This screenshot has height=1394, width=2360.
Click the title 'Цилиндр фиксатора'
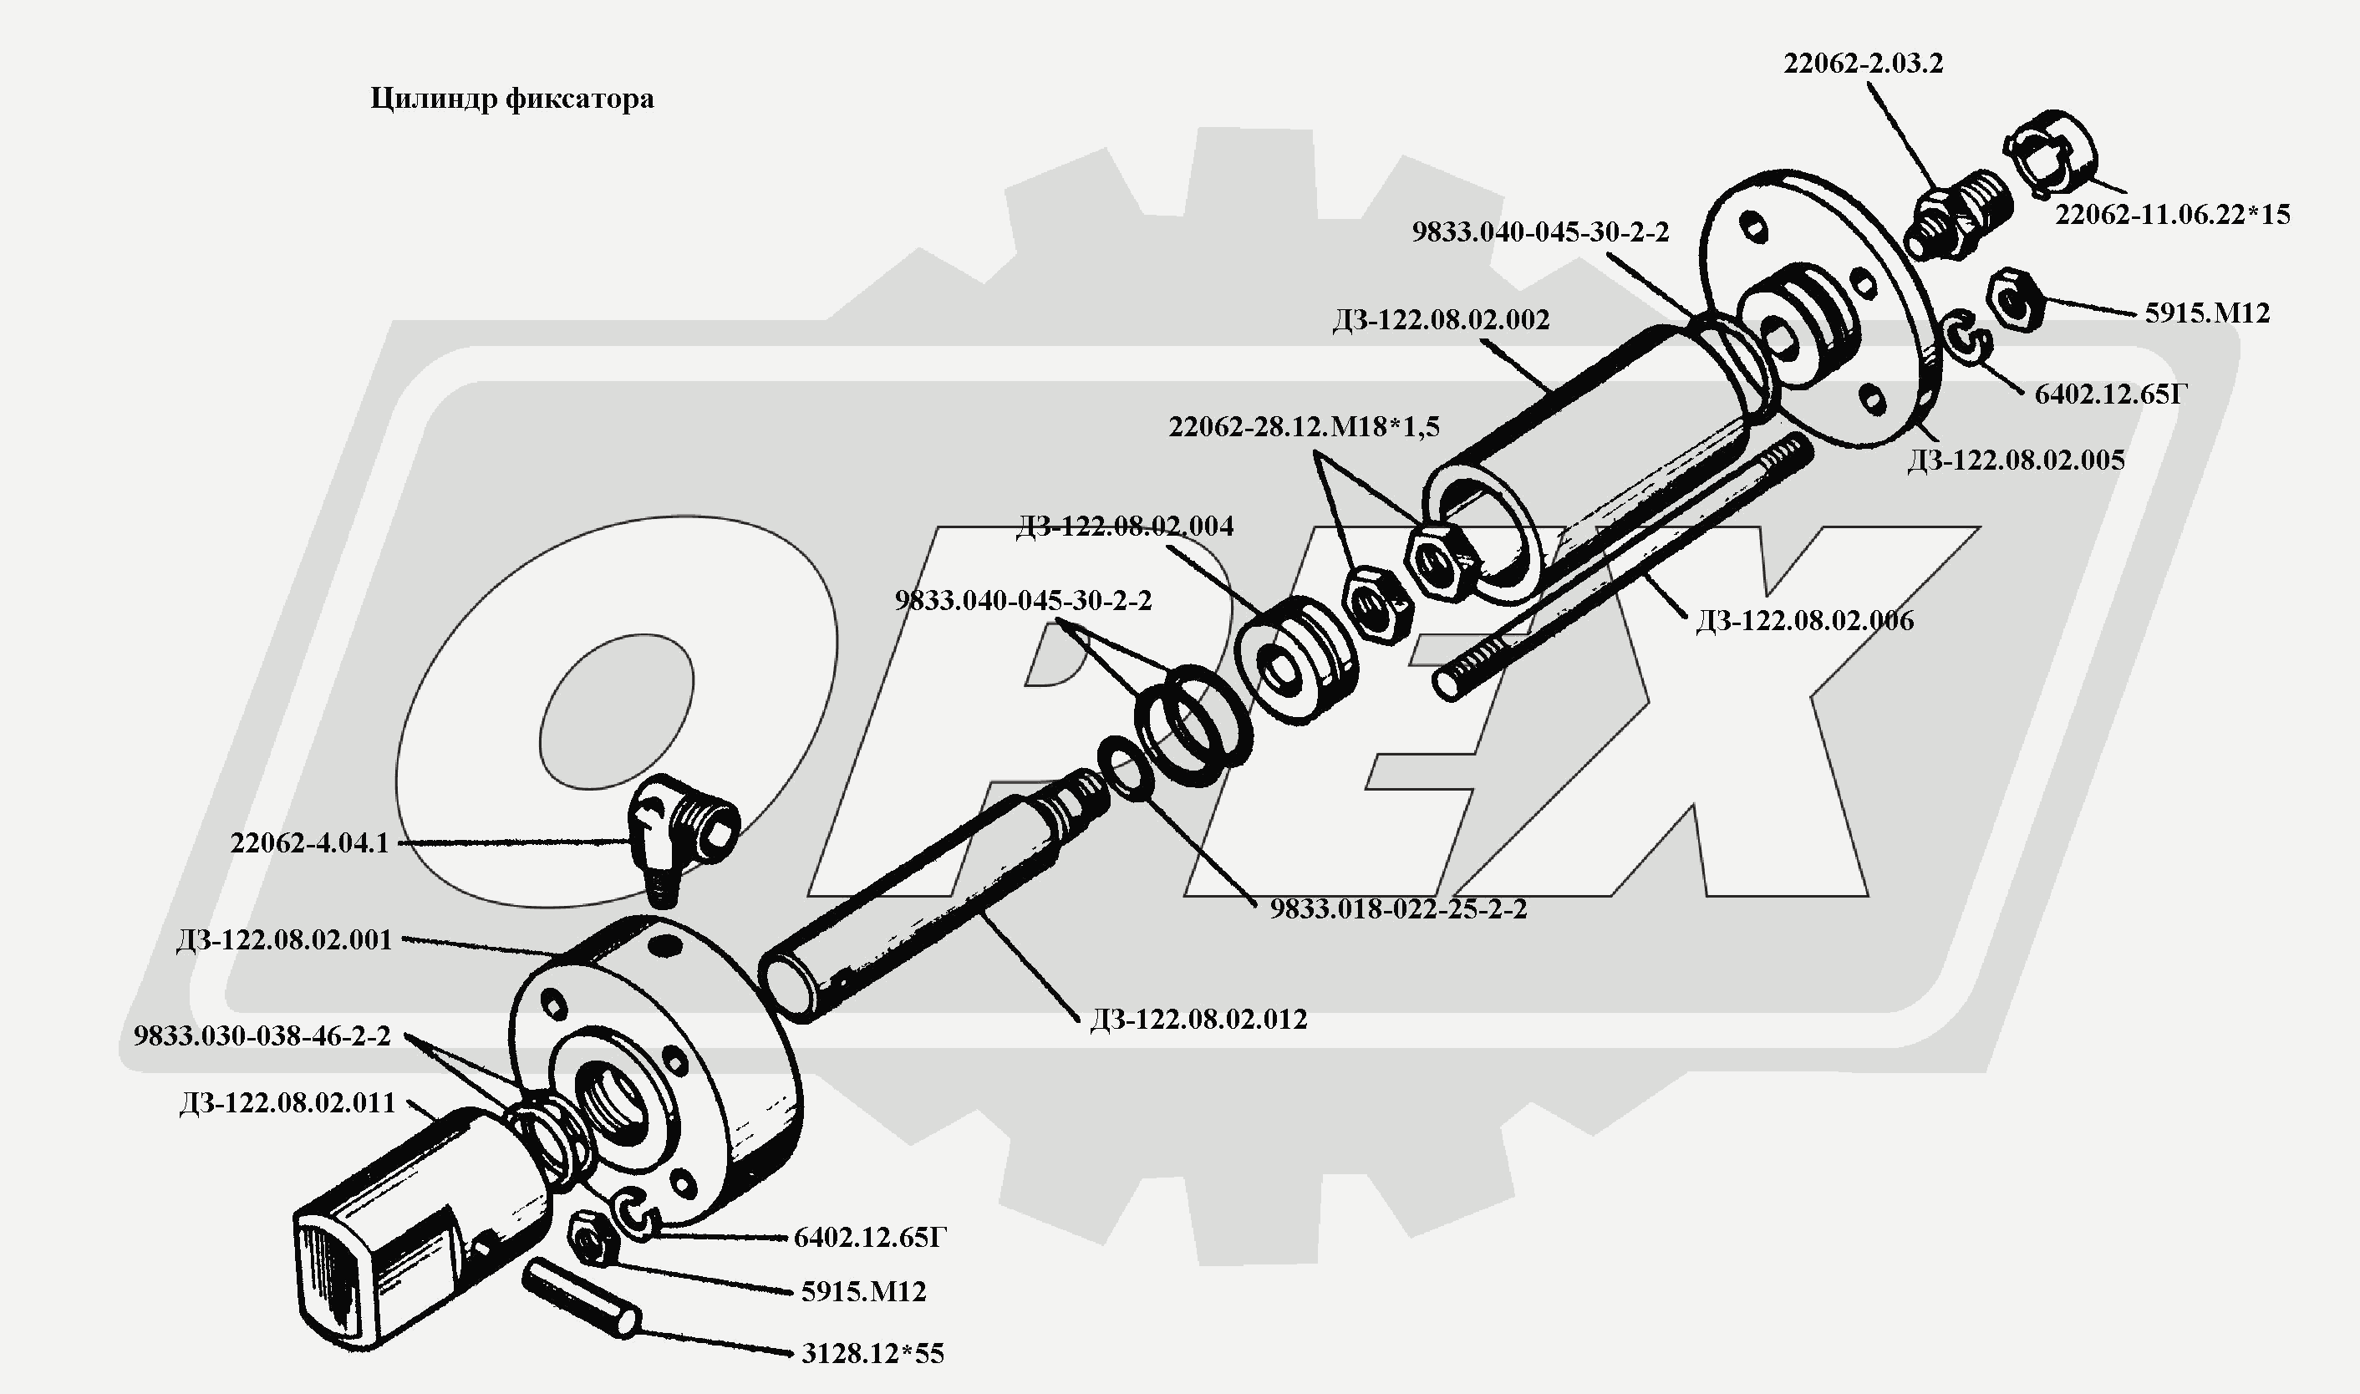pyautogui.click(x=511, y=99)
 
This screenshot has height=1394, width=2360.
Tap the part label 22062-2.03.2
pyautogui.click(x=1864, y=64)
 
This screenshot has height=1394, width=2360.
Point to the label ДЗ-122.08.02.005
pyautogui.click(x=2017, y=460)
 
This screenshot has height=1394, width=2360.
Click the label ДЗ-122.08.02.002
pyautogui.click(x=1441, y=320)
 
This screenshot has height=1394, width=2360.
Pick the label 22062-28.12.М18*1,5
pyautogui.click(x=1304, y=427)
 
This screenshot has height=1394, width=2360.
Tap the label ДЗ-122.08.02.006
pyautogui.click(x=1804, y=621)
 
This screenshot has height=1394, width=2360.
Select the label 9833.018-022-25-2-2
pyautogui.click(x=1398, y=909)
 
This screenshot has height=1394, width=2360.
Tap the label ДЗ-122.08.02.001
pyautogui.click(x=283, y=940)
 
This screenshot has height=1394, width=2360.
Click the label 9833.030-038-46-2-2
pyautogui.click(x=262, y=1036)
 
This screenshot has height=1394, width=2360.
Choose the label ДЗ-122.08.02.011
pyautogui.click(x=287, y=1103)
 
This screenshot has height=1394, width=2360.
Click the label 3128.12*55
pyautogui.click(x=872, y=1354)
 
